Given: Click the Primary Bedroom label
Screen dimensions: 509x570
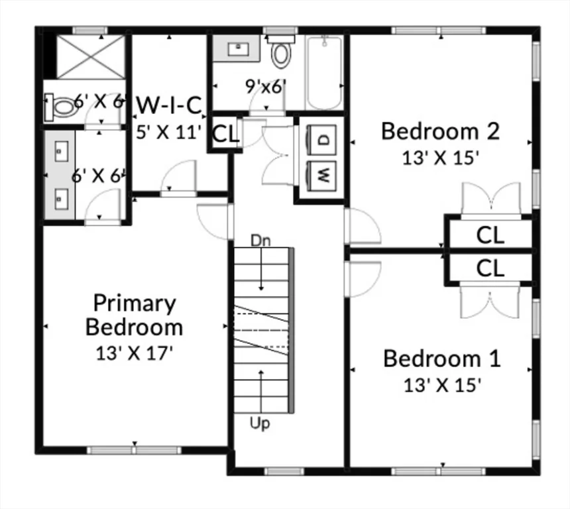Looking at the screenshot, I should [x=135, y=315].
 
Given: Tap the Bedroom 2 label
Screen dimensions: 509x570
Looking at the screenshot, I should [x=439, y=131].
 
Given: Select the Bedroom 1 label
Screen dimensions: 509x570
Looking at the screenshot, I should [x=442, y=359].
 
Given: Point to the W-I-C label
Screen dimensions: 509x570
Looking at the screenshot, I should [x=168, y=105].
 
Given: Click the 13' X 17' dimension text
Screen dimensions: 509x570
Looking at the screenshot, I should [x=135, y=353].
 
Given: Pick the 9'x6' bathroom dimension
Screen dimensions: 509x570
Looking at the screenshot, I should [x=266, y=86].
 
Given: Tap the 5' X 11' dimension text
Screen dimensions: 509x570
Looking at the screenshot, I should [x=168, y=131].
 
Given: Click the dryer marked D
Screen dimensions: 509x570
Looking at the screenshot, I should [x=323, y=139].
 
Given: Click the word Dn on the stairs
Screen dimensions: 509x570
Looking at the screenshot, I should [x=260, y=239].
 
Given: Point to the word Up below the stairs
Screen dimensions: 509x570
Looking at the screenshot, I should [x=260, y=424].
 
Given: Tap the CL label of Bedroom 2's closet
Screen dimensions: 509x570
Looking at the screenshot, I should [x=490, y=235].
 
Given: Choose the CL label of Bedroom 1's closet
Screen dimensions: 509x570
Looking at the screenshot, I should [x=490, y=268].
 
